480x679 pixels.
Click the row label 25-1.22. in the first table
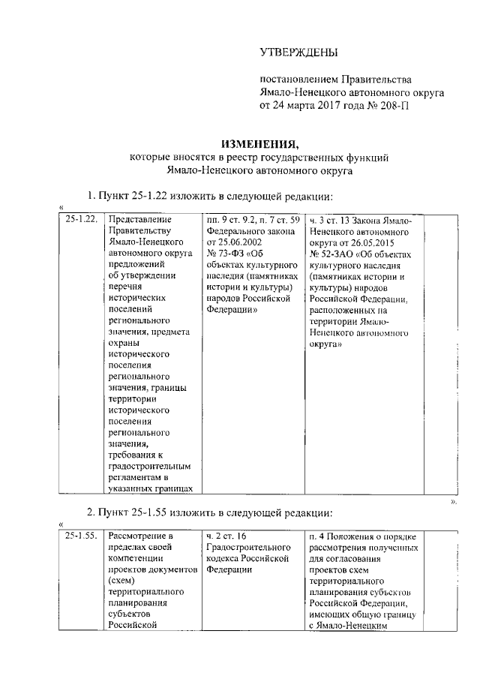click(80, 220)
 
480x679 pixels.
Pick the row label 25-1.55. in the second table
click(80, 536)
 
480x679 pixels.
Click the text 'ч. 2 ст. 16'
click(226, 536)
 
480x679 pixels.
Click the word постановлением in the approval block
click(298, 78)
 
